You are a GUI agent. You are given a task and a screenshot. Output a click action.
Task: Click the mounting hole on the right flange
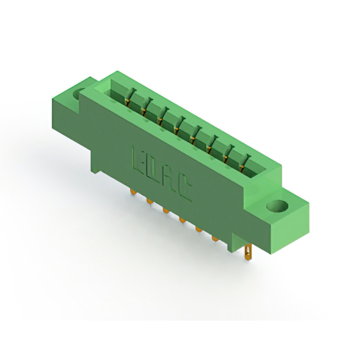(x=277, y=206)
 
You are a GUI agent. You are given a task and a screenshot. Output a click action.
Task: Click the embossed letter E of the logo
(x=138, y=159)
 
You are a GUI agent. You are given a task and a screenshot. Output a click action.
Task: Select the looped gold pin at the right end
(x=248, y=253)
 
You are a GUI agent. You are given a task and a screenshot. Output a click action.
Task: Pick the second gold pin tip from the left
(x=150, y=201)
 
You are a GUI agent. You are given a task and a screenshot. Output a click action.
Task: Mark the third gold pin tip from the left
(x=166, y=210)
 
